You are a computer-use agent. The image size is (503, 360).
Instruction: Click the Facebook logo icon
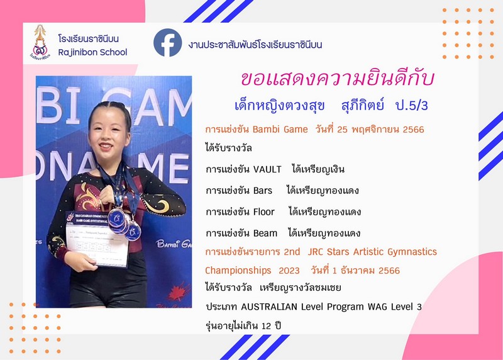pos(167,43)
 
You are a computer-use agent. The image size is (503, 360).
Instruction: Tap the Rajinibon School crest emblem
pos(40,42)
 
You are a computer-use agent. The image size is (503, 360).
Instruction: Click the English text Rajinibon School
pos(92,52)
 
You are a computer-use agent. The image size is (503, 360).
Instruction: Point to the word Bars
pos(263,191)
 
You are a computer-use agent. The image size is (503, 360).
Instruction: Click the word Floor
pos(264,211)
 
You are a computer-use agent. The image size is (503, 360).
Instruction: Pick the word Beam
pos(265,233)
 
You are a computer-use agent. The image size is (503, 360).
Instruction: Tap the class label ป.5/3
pos(412,105)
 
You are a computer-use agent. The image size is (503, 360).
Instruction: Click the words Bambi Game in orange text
pos(280,130)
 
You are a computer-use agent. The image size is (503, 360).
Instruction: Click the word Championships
pos(238,271)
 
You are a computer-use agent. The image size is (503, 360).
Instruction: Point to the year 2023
pos(289,271)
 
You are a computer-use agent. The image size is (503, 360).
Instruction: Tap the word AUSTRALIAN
pos(269,307)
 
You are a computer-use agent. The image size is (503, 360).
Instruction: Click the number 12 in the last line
pos(266,326)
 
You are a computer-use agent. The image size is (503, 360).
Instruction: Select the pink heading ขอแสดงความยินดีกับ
pos(338,79)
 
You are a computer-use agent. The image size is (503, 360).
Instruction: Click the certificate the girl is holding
pos(97,239)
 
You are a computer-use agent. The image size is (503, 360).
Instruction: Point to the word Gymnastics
pos(412,252)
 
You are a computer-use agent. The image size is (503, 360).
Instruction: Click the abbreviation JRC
pos(316,252)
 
